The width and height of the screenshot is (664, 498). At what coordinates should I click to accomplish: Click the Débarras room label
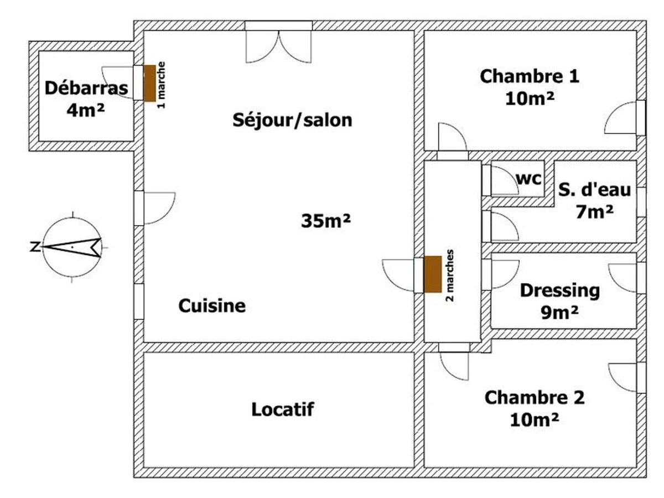click(x=86, y=89)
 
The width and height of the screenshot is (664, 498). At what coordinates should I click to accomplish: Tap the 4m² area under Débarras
click(x=86, y=110)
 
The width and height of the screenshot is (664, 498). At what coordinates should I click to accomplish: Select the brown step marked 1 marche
click(x=149, y=83)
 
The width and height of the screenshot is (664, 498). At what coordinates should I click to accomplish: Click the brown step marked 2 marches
click(x=433, y=274)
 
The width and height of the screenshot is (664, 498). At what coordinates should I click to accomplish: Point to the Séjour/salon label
click(x=292, y=120)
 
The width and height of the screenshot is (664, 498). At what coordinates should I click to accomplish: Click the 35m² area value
click(x=326, y=221)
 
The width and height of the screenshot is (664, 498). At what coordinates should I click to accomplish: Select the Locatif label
click(x=283, y=409)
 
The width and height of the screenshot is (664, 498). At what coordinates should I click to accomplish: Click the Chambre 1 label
click(x=530, y=76)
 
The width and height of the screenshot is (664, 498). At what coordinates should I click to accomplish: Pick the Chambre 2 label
click(x=534, y=398)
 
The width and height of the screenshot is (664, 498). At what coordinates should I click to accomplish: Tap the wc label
click(x=528, y=179)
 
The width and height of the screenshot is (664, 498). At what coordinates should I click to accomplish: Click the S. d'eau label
click(x=594, y=190)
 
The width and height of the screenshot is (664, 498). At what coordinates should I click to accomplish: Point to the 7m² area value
click(x=594, y=212)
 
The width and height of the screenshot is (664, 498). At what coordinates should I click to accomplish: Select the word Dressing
click(x=559, y=291)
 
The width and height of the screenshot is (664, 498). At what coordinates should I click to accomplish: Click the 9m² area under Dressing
click(x=559, y=313)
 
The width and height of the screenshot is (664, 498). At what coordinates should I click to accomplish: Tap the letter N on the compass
click(x=35, y=247)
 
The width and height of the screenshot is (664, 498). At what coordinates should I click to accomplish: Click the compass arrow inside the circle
click(x=72, y=247)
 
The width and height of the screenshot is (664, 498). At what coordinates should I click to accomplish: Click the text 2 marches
click(x=450, y=276)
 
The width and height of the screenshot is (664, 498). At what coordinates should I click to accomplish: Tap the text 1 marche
click(x=162, y=85)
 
